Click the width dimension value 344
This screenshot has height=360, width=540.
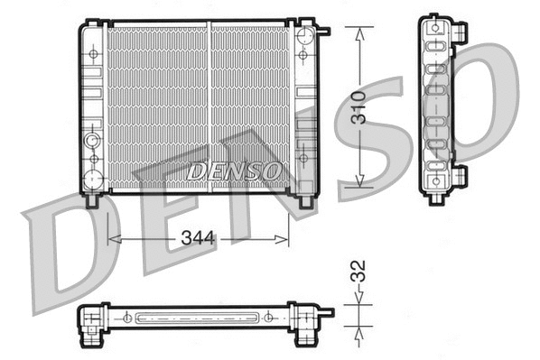click(x=197, y=239)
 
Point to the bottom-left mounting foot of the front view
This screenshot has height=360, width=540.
click(x=91, y=200)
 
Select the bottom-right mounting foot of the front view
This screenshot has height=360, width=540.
click(x=296, y=200)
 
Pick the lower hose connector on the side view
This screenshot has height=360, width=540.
click(x=460, y=173)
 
